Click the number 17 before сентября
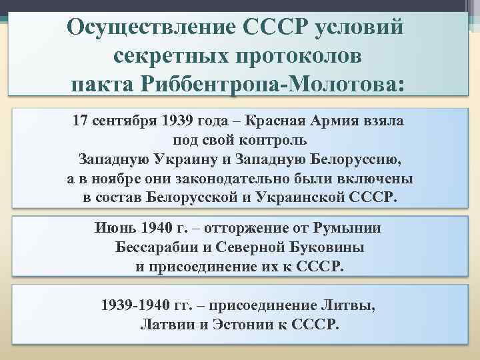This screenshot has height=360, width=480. (x=79, y=122)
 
